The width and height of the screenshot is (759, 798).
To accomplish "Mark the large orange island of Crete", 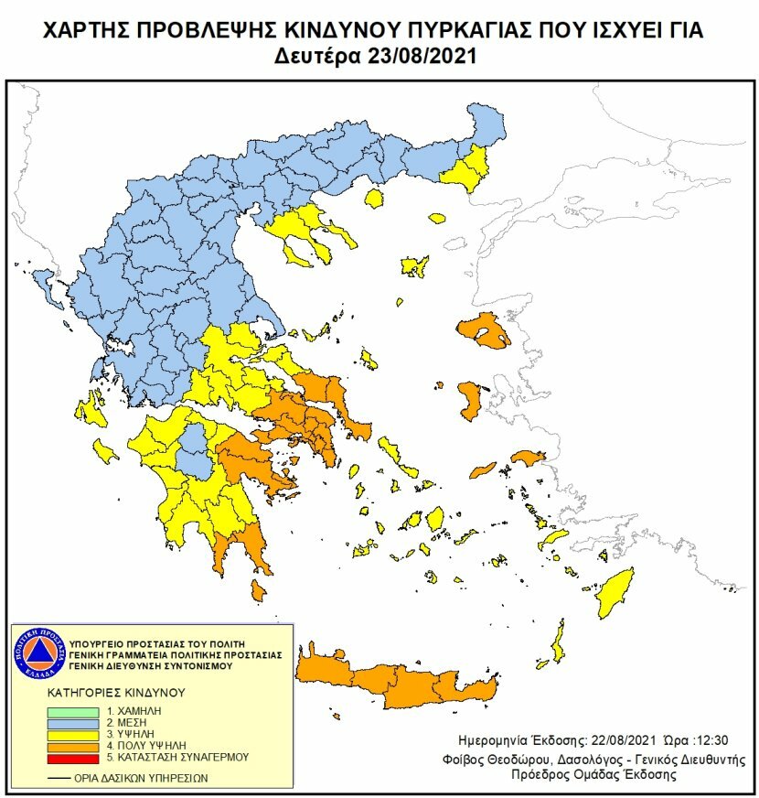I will tap(402, 682).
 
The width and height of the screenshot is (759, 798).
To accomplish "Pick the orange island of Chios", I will tap(472, 401).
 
